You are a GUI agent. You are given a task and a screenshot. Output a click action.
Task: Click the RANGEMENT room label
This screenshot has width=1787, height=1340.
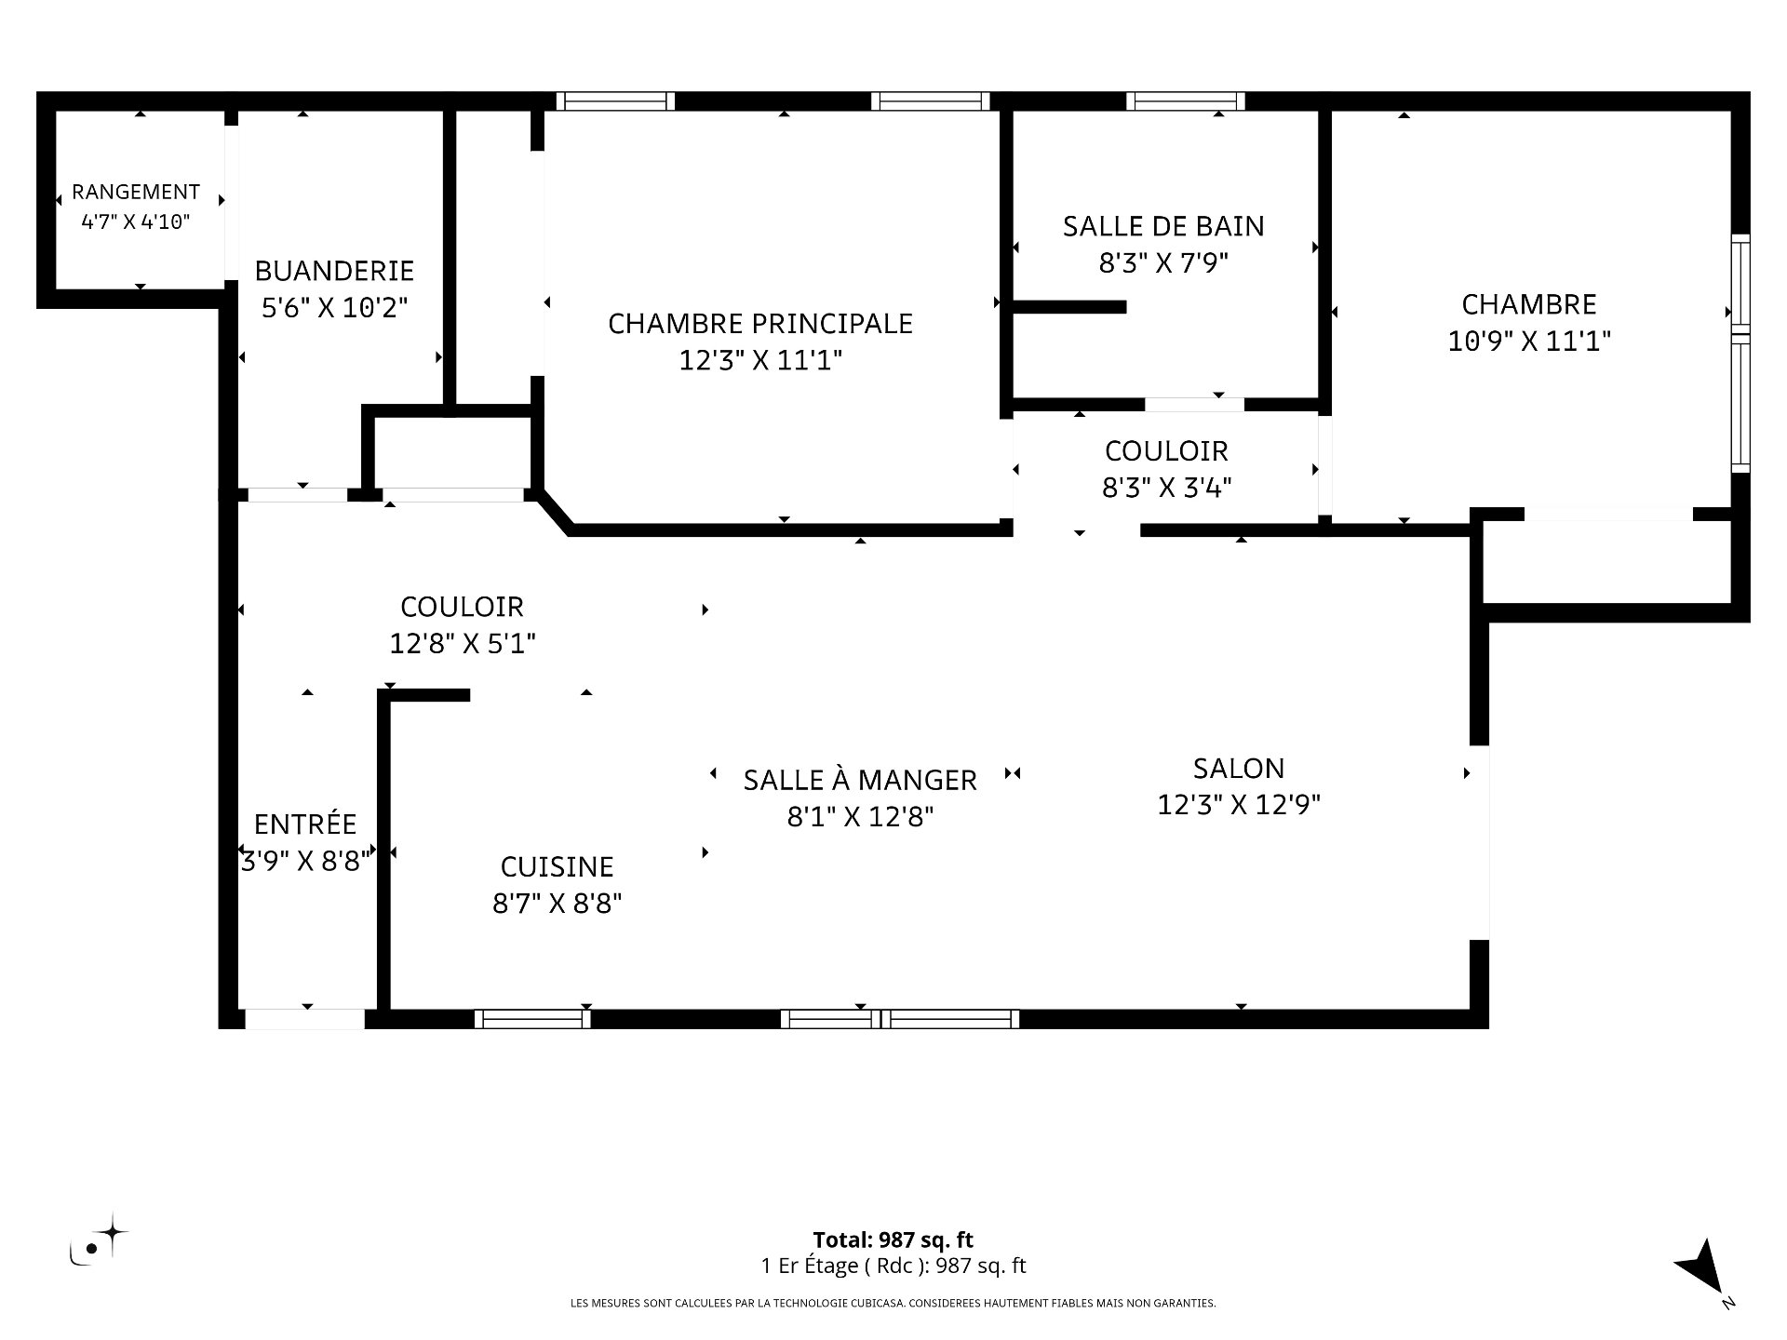coord(136,192)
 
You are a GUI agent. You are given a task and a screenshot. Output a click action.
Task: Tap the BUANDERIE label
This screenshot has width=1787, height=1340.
coord(334,271)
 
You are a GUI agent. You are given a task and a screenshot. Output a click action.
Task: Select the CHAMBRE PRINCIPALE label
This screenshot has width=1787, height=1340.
coord(760,324)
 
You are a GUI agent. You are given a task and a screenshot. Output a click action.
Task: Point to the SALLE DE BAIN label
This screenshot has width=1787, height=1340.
coord(1163,226)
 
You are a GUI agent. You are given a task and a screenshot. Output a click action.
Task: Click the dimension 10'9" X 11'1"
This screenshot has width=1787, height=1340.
coord(1529,342)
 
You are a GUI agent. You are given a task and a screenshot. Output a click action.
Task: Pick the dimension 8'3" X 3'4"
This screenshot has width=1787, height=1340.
coord(1167,488)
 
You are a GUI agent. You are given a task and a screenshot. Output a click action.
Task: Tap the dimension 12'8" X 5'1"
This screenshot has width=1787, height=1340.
coord(463,644)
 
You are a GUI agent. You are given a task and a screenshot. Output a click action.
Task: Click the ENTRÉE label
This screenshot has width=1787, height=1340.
coord(305,824)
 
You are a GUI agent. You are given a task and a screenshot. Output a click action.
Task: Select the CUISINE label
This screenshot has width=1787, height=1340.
coord(557,867)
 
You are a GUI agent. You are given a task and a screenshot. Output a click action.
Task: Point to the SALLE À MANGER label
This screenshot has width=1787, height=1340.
coord(860,780)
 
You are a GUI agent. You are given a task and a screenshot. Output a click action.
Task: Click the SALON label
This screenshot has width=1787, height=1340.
coord(1239,769)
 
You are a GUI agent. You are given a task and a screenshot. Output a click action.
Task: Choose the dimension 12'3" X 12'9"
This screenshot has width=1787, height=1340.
coord(1239,805)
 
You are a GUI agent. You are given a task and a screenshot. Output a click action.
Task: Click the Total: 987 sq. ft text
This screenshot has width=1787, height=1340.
coord(893,1239)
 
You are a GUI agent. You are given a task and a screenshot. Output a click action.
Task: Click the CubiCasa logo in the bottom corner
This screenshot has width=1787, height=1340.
coord(99,1239)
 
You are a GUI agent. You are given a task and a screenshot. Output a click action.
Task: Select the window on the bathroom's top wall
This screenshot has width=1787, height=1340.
coord(1186,101)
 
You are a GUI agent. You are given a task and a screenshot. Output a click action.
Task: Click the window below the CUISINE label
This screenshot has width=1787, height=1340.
coord(532,1019)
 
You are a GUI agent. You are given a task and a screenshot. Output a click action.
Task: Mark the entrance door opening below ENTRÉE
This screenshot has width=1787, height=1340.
coord(304,1019)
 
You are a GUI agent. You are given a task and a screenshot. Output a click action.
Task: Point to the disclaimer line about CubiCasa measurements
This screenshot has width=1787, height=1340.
coord(893,1304)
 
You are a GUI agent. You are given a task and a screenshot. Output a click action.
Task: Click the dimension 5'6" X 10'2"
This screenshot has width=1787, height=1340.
coord(334,307)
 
